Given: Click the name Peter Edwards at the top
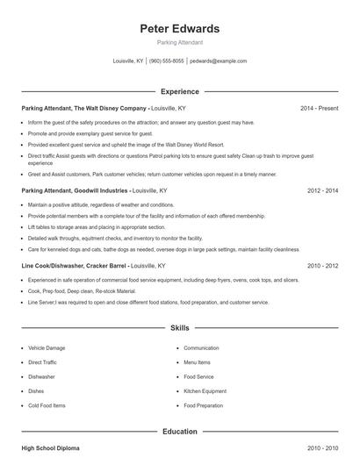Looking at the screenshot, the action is tap(179, 29).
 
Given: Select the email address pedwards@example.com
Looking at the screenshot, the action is tap(218, 61).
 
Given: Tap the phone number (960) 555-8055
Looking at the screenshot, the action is tap(167, 61).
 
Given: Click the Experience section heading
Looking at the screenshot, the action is tap(179, 91).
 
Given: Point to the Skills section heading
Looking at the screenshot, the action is tap(179, 328).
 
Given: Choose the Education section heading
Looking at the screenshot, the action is tap(179, 432).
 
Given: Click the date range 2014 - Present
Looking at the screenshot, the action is tap(319, 108).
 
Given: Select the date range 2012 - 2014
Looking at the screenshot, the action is tap(322, 190).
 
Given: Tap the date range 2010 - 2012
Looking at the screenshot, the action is tap(322, 265).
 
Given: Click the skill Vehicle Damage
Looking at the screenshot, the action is tap(47, 348).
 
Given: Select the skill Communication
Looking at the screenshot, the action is tap(201, 348).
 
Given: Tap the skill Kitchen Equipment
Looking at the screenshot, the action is tap(205, 391).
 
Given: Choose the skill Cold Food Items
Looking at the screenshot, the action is tap(47, 405).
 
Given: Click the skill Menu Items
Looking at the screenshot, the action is tap(197, 362).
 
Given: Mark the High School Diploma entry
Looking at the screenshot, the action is tap(50, 448).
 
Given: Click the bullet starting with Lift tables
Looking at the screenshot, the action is tap(83, 226).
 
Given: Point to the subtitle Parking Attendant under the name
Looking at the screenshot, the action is tap(179, 42).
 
